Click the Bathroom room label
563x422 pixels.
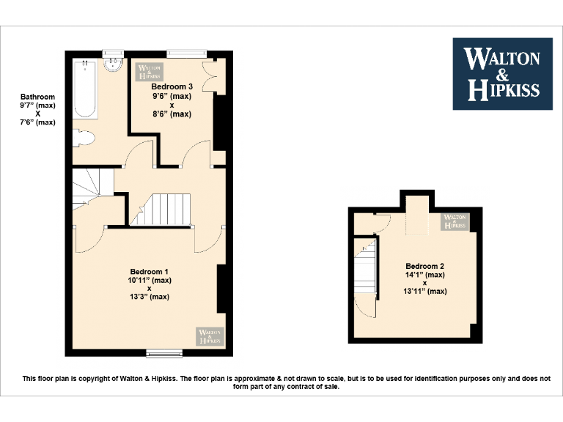pos(37,97)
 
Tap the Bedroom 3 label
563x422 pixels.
pos(172,87)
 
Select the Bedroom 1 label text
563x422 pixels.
pos(150,271)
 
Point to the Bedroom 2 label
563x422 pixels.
pos(425,266)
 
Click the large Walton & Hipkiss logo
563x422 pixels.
pos(502,74)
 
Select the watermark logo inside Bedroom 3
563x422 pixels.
pos(148,70)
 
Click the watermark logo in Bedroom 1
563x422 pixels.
pos(210,336)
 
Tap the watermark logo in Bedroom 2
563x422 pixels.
pos(454,221)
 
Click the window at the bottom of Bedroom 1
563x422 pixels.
pos(164,354)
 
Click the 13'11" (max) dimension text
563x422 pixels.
pos(425,292)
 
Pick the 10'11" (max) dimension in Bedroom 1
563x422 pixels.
pos(150,280)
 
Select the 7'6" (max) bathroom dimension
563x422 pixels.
pos(37,122)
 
